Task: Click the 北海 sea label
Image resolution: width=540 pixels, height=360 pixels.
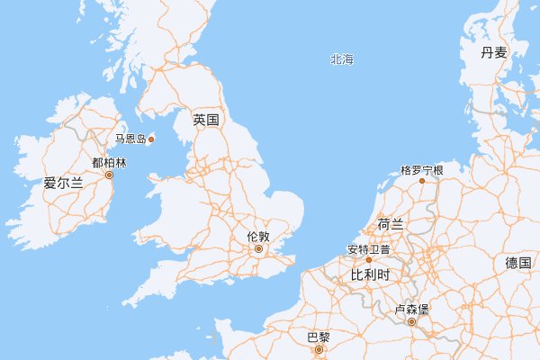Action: (x=342, y=59)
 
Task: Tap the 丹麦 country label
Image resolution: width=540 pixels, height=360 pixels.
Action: (x=494, y=52)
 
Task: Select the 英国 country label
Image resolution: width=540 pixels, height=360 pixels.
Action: (x=206, y=120)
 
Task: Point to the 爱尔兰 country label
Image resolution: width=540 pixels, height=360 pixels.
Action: (x=63, y=183)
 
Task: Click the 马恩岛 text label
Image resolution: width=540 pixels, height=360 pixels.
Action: (x=130, y=139)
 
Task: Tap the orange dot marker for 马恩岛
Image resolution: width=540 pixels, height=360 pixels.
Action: (x=151, y=139)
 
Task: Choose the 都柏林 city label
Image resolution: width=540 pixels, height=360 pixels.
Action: (x=110, y=164)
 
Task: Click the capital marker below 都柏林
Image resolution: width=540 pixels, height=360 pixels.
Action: (x=110, y=175)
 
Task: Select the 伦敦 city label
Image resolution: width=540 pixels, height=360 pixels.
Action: (x=258, y=237)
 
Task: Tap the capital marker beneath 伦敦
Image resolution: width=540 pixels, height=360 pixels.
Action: (x=258, y=248)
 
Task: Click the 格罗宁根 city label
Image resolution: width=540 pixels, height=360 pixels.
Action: (x=422, y=169)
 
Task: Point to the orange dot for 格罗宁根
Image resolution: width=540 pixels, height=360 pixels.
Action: (x=422, y=181)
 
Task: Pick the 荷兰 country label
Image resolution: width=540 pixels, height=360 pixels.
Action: (x=391, y=224)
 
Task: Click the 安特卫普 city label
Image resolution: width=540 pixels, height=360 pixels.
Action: (x=368, y=248)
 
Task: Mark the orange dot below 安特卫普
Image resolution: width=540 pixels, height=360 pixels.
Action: (x=368, y=259)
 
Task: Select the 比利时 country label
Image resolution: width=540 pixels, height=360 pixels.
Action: (x=369, y=274)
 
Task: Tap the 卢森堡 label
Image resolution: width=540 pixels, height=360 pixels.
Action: (x=412, y=310)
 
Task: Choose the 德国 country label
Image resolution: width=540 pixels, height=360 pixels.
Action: (x=517, y=263)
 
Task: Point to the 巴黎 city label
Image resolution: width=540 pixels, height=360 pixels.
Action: (x=319, y=337)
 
